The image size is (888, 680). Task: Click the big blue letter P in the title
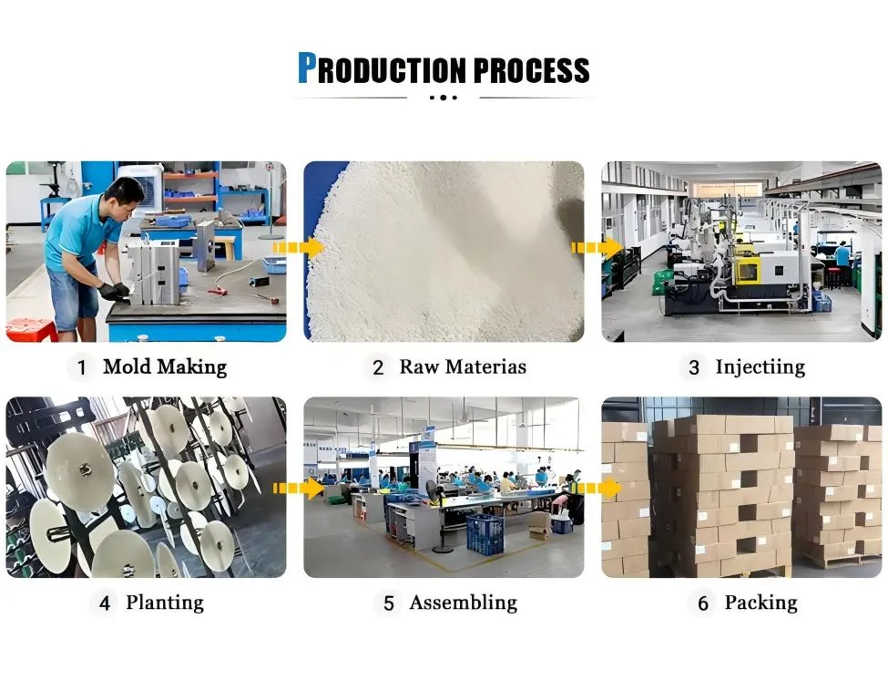[307, 68]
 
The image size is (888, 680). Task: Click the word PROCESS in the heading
[531, 70]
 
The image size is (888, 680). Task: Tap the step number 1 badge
[82, 367]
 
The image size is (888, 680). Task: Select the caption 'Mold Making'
[165, 366]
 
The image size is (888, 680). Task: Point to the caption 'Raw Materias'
[463, 366]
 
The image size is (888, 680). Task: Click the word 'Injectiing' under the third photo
[760, 367]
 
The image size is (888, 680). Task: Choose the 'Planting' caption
[165, 603]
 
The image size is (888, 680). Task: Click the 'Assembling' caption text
[464, 603]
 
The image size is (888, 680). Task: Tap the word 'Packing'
[760, 603]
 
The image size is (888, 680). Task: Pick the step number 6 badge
[703, 603]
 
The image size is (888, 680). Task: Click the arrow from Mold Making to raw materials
[298, 248]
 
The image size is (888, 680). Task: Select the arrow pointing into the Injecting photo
[597, 248]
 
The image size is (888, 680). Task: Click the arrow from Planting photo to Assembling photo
[298, 488]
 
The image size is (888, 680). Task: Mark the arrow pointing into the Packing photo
[597, 488]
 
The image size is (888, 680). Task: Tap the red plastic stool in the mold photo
[31, 330]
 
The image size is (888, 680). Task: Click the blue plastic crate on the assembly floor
[485, 534]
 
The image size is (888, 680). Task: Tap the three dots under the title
[444, 98]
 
